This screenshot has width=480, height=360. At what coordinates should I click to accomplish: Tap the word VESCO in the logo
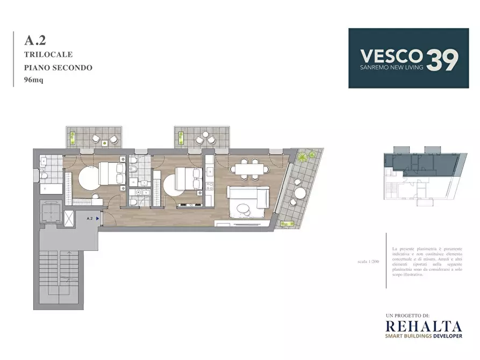coord(390,55)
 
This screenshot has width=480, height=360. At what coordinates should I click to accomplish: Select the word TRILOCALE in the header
coord(48,54)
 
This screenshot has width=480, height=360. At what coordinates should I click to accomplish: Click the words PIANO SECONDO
coord(58,68)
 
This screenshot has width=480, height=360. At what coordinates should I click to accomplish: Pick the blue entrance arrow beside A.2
coord(97,219)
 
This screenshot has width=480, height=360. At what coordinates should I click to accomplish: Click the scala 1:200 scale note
coord(368,262)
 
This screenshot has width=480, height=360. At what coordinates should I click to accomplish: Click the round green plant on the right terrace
coord(304,156)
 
